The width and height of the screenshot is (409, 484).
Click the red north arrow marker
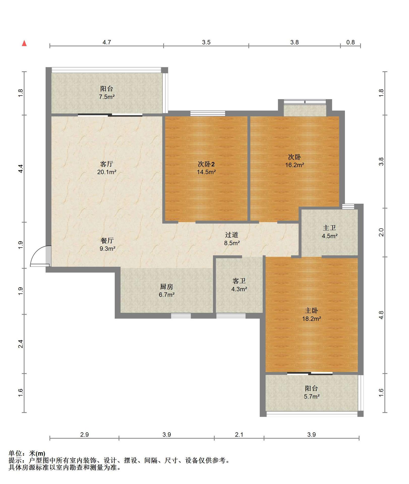pyautogui.click(x=24, y=43)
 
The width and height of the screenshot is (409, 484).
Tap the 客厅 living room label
pyautogui.click(x=106, y=164)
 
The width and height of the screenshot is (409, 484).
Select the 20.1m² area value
pyautogui.click(x=107, y=172)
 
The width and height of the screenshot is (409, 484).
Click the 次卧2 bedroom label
pyautogui.click(x=206, y=164)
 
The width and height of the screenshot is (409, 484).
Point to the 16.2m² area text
pyautogui.click(x=295, y=165)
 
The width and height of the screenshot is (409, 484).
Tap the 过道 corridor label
pyautogui.click(x=232, y=235)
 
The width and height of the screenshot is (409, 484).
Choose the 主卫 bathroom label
pyautogui.click(x=330, y=228)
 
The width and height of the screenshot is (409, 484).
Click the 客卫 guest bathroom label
pyautogui.click(x=239, y=281)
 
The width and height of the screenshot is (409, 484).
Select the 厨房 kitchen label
pyautogui.click(x=167, y=287)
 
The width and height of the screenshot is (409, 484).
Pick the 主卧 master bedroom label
pyautogui.click(x=312, y=311)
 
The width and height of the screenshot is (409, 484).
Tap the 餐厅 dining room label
pyautogui.click(x=107, y=240)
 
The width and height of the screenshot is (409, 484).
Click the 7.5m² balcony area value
pyautogui.click(x=107, y=97)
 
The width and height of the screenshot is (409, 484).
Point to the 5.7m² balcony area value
pyautogui.click(x=312, y=397)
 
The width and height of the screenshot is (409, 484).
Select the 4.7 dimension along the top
pyautogui.click(x=107, y=42)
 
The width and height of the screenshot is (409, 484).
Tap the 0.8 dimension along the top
pyautogui.click(x=350, y=42)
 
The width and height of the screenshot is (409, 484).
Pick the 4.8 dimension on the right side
pyautogui.click(x=381, y=315)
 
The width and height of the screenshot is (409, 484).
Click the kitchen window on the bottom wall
pyautogui.click(x=181, y=316)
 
